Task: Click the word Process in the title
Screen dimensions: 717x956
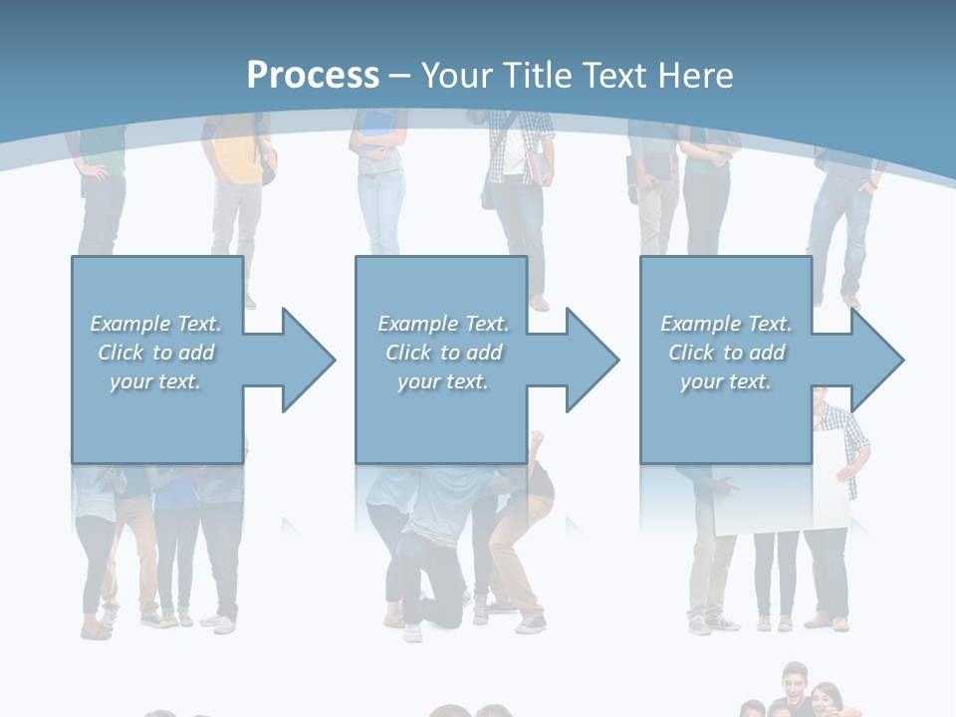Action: (x=313, y=76)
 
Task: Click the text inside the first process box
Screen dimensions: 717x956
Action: (x=155, y=353)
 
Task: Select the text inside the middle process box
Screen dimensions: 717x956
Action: (x=443, y=353)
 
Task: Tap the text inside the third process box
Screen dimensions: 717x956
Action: (x=726, y=353)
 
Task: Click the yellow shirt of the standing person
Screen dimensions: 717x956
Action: (x=237, y=159)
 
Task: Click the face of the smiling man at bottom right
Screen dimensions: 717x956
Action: (x=794, y=685)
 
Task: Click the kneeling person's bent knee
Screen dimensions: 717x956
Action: (x=410, y=548)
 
